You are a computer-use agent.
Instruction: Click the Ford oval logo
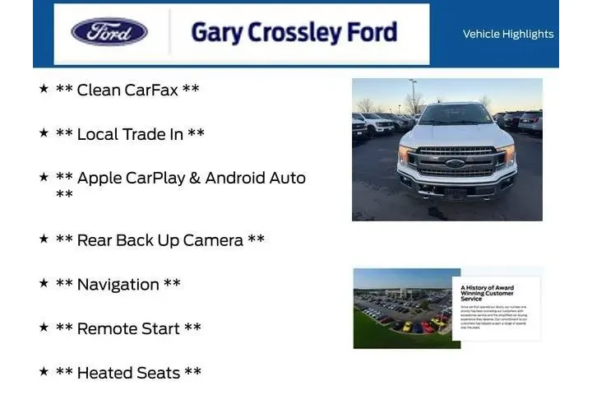(109, 32)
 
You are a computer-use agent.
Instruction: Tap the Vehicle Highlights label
(508, 34)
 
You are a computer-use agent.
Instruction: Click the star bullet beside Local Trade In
(44, 132)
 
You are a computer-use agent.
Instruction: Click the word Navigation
(118, 285)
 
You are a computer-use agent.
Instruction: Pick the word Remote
(107, 328)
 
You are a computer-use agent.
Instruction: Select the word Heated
(106, 373)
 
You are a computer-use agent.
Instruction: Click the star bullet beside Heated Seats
(44, 371)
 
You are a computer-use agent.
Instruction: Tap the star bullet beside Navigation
(44, 283)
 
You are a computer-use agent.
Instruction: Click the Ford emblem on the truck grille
(455, 163)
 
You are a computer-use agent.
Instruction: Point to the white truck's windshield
(455, 114)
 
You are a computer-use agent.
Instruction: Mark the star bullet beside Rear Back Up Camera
(44, 239)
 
